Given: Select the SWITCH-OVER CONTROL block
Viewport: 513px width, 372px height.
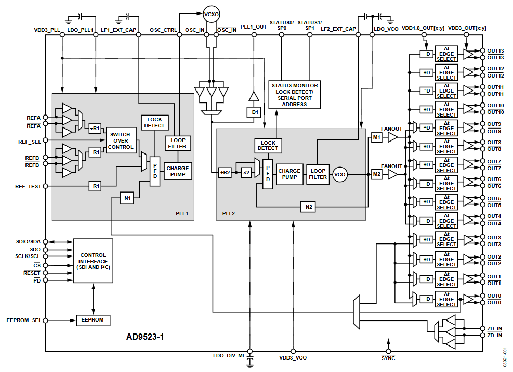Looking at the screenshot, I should (x=121, y=140).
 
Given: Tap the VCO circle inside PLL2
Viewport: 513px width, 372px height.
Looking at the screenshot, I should (x=340, y=174).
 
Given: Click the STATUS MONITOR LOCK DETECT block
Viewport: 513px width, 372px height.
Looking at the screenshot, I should (x=295, y=94).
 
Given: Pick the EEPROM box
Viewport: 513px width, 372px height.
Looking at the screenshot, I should (x=94, y=320).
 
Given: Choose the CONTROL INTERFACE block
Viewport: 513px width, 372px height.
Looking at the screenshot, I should (x=93, y=258).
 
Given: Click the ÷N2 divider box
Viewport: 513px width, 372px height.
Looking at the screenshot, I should (x=307, y=207).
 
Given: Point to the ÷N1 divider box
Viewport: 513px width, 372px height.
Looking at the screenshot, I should (x=128, y=198).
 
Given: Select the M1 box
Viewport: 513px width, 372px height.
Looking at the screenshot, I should (x=377, y=137).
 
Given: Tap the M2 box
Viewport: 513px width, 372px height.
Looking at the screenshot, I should (x=377, y=174).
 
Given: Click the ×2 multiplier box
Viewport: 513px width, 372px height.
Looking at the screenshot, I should (x=246, y=171).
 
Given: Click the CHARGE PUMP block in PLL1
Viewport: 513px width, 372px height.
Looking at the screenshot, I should (x=178, y=171).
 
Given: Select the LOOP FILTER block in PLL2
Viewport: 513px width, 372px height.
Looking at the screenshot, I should (x=318, y=174).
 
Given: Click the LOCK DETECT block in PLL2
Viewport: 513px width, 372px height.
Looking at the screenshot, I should (x=268, y=145).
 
